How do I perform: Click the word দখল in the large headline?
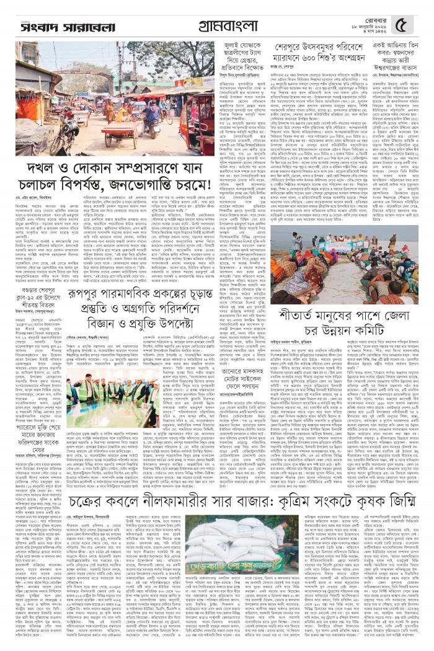[x=39, y=170]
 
